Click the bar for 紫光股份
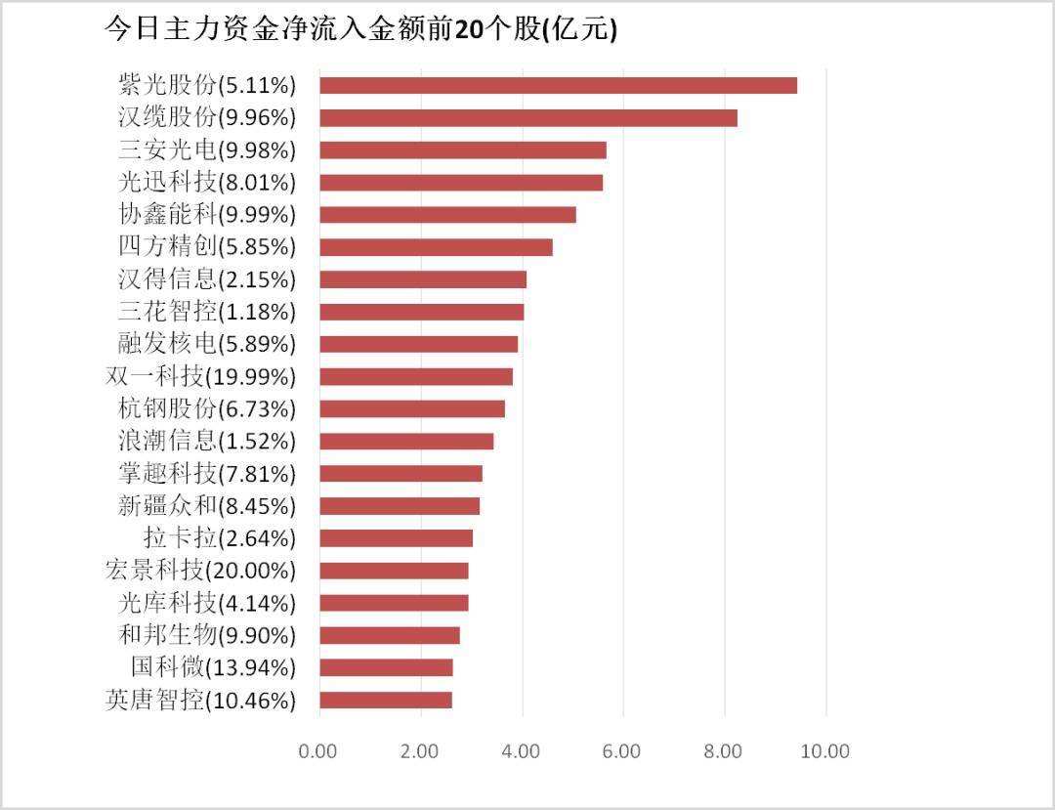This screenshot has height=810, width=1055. click(x=558, y=85)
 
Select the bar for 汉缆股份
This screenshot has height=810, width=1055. click(x=527, y=117)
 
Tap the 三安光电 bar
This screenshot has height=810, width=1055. click(x=462, y=149)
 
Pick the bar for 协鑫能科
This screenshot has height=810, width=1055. click(x=447, y=214)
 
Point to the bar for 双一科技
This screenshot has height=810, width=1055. click(x=415, y=376)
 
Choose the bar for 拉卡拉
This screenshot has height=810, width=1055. click(x=396, y=538)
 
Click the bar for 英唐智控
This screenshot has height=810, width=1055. click(x=385, y=700)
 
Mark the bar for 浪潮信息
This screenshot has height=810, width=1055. click(x=405, y=441)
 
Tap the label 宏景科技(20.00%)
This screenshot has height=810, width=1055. click(x=200, y=570)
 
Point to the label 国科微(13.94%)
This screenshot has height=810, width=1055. click(x=213, y=667)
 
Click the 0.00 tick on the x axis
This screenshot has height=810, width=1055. click(x=318, y=751)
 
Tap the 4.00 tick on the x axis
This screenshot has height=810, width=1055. click(x=521, y=751)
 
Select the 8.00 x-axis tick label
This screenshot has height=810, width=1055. click(x=724, y=751)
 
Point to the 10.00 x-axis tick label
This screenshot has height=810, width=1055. click(x=824, y=751)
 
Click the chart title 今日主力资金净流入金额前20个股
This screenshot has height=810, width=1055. click(x=360, y=29)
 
